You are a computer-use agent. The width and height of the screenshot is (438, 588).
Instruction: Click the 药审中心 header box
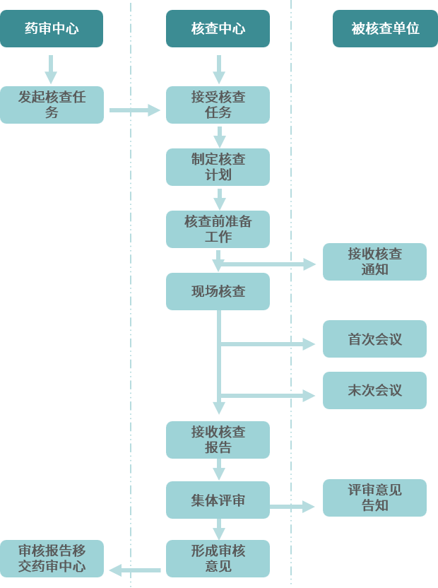coord(52,28)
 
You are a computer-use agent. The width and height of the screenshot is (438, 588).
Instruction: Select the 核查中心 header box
coord(218,28)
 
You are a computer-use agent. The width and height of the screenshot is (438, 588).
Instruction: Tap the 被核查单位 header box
coord(385,28)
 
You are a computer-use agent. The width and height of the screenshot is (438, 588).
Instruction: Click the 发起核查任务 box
coord(52,105)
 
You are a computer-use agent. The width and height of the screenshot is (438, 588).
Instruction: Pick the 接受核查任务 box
coord(218,105)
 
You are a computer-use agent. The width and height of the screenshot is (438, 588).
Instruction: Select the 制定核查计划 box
coord(218,167)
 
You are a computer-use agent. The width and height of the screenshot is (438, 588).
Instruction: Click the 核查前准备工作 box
coord(218,229)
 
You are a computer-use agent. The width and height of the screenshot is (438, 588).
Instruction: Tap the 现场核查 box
coord(218,291)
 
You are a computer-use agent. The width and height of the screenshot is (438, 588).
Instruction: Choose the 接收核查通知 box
coord(374,261)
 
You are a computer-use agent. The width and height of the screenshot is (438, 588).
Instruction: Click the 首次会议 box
coord(374,339)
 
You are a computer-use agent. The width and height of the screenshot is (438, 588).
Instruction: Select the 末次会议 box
coord(374,390)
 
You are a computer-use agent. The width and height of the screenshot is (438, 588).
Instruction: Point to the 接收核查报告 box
coord(218,440)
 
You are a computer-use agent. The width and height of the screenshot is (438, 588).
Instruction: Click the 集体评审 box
coord(218,500)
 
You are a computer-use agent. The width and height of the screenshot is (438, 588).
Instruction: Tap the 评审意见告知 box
coord(374,498)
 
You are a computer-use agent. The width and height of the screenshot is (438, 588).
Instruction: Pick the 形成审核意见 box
coord(218,558)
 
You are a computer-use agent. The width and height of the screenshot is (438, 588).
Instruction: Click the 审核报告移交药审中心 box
coord(52,558)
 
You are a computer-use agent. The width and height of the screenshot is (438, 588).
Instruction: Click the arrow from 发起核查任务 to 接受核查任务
coord(135,110)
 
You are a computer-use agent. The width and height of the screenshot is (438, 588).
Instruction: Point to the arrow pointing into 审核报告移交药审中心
coord(134,570)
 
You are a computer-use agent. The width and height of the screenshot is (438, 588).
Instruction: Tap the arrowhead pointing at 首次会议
coord(309,344)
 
